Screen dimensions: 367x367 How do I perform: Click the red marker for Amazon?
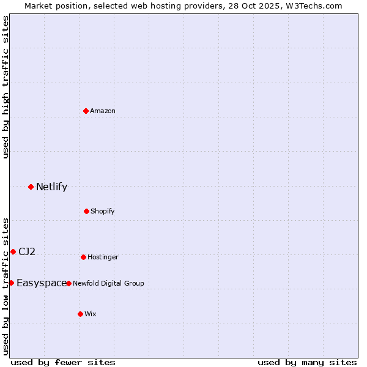[86, 111]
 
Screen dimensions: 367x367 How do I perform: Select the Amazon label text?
[103, 111]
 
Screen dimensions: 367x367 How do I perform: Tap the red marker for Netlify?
[31, 187]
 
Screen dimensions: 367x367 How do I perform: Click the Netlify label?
[51, 187]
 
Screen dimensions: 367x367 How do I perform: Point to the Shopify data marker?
[86, 211]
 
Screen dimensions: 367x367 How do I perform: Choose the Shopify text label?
[102, 211]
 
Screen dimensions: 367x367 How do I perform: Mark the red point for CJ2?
[13, 251]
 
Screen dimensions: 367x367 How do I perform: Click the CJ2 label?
[27, 251]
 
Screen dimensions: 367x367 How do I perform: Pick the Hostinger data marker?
[83, 257]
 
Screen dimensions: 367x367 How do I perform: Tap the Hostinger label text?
[103, 257]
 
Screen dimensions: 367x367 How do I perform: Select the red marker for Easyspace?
[11, 283]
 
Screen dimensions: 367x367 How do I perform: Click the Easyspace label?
[42, 283]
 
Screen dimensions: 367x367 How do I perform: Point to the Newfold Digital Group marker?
[69, 283]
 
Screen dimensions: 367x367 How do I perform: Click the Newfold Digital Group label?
[108, 283]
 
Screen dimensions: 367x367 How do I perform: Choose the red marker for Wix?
[80, 314]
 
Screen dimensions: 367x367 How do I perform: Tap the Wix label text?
[91, 314]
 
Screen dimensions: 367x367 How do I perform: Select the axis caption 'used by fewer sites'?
[63, 362]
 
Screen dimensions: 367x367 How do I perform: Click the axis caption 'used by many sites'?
[307, 362]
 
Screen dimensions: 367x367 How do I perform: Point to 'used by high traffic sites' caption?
[6, 87]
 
